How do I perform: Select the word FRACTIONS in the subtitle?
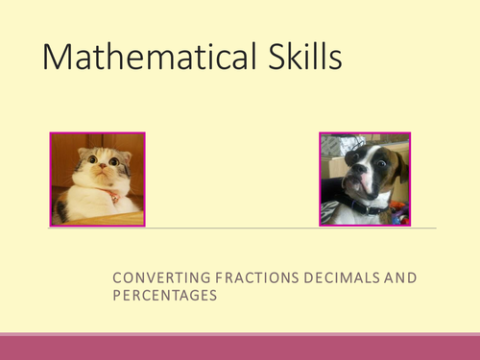pyautogui.click(x=244, y=277)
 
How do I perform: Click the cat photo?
pyautogui.click(x=97, y=179)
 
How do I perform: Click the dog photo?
pyautogui.click(x=364, y=179)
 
